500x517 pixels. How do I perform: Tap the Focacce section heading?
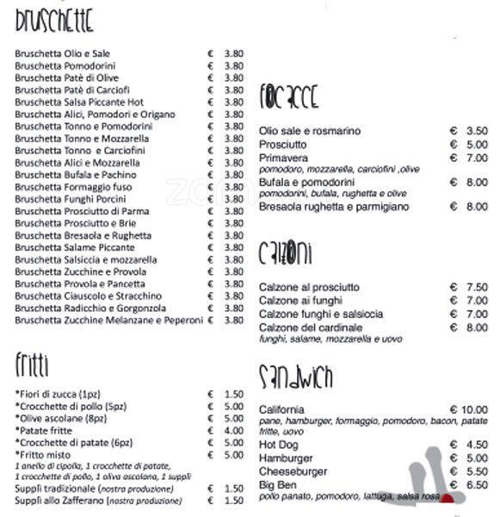click(290, 98)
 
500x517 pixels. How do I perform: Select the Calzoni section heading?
click(285, 253)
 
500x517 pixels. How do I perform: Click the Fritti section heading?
click(32, 364)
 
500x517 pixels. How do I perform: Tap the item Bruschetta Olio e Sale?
click(63, 53)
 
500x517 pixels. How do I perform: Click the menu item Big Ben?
click(276, 485)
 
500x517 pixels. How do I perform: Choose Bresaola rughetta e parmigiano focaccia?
click(334, 207)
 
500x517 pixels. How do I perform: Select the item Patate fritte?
click(46, 431)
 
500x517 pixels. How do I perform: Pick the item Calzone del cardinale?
click(311, 327)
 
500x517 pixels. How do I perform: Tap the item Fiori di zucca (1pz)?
click(56, 394)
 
